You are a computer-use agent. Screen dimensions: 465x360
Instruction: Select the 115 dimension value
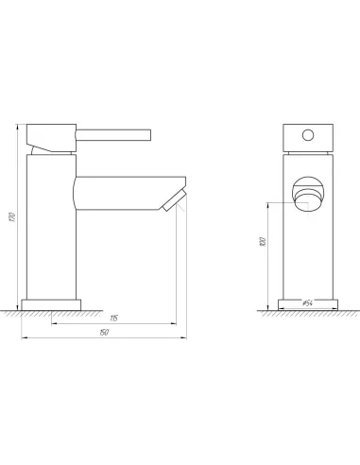click(x=113, y=316)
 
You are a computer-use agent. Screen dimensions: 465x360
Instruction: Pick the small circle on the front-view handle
click(x=306, y=135)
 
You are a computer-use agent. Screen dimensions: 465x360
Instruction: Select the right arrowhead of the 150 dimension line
click(x=180, y=336)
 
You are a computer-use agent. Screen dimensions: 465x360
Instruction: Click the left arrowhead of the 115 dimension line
click(x=53, y=321)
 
